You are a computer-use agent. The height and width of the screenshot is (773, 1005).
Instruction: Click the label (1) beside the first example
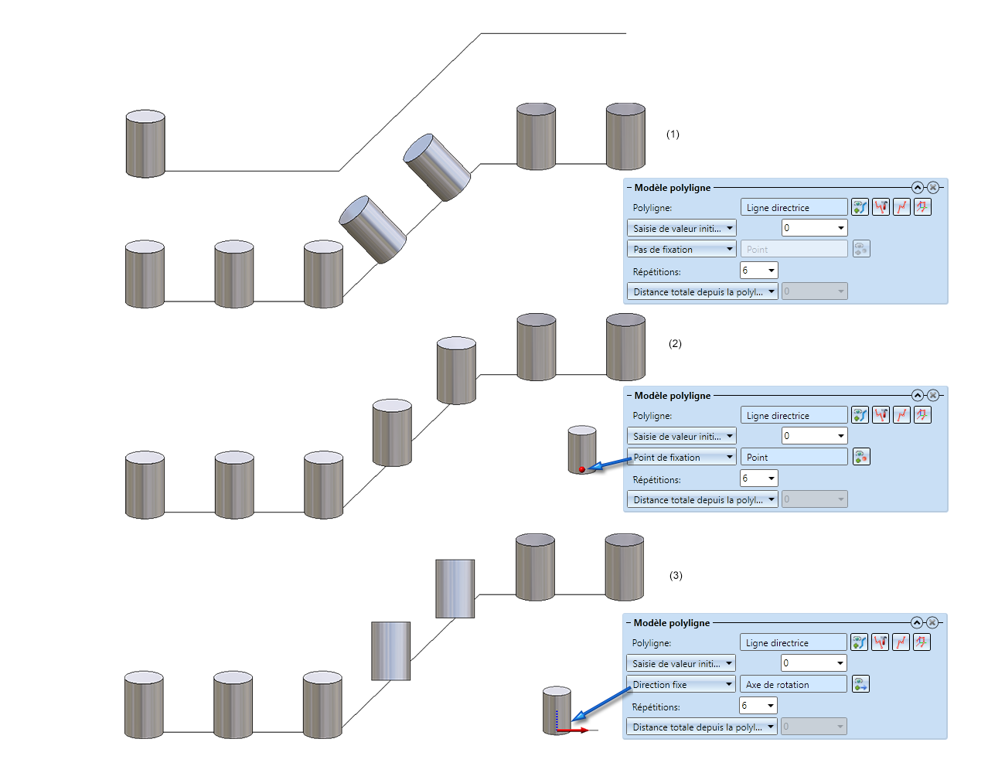tap(673, 135)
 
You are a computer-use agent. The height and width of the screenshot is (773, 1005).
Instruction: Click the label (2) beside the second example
tap(675, 344)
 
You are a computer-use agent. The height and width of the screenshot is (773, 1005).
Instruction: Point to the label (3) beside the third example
tap(676, 576)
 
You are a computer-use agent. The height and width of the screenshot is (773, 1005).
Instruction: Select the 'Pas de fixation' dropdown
tap(681, 250)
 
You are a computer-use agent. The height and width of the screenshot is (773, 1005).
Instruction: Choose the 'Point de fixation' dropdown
tap(681, 458)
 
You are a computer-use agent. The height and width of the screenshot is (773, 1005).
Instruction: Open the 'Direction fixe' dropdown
tap(680, 685)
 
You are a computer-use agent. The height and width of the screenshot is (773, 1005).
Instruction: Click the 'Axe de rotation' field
tap(793, 685)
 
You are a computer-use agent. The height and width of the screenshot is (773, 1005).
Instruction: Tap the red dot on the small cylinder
tap(582, 469)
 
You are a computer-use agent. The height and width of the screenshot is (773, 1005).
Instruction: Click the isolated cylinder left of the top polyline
tap(145, 145)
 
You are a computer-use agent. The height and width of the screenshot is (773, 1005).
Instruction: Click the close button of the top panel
tap(933, 188)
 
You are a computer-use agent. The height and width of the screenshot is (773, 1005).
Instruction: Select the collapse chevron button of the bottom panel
tap(916, 623)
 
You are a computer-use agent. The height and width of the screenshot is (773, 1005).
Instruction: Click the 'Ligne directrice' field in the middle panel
tap(794, 416)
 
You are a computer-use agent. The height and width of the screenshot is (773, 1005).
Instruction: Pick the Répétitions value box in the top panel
tap(758, 271)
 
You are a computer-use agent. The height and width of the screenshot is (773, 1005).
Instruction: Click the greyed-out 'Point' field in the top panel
tap(794, 250)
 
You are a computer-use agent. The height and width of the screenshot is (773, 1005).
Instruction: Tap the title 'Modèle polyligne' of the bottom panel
tap(671, 623)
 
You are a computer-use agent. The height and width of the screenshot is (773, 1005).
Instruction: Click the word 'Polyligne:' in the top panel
tap(652, 208)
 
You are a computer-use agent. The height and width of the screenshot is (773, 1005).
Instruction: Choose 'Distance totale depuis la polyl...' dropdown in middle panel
tap(702, 500)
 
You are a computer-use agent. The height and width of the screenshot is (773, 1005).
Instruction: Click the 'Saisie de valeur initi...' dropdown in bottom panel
tap(680, 664)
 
